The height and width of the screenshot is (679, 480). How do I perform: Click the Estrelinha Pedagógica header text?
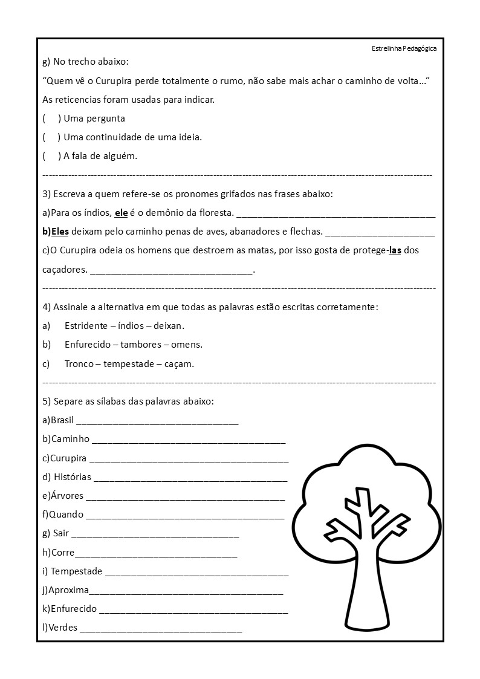[404, 48]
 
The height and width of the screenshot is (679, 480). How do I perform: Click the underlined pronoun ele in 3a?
[121, 213]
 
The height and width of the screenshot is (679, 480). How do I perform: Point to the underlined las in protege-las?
[395, 250]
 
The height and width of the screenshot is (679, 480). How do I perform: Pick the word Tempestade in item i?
[76, 571]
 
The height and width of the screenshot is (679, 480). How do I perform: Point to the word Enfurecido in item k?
[73, 609]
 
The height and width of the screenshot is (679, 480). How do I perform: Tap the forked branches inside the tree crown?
[365, 514]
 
